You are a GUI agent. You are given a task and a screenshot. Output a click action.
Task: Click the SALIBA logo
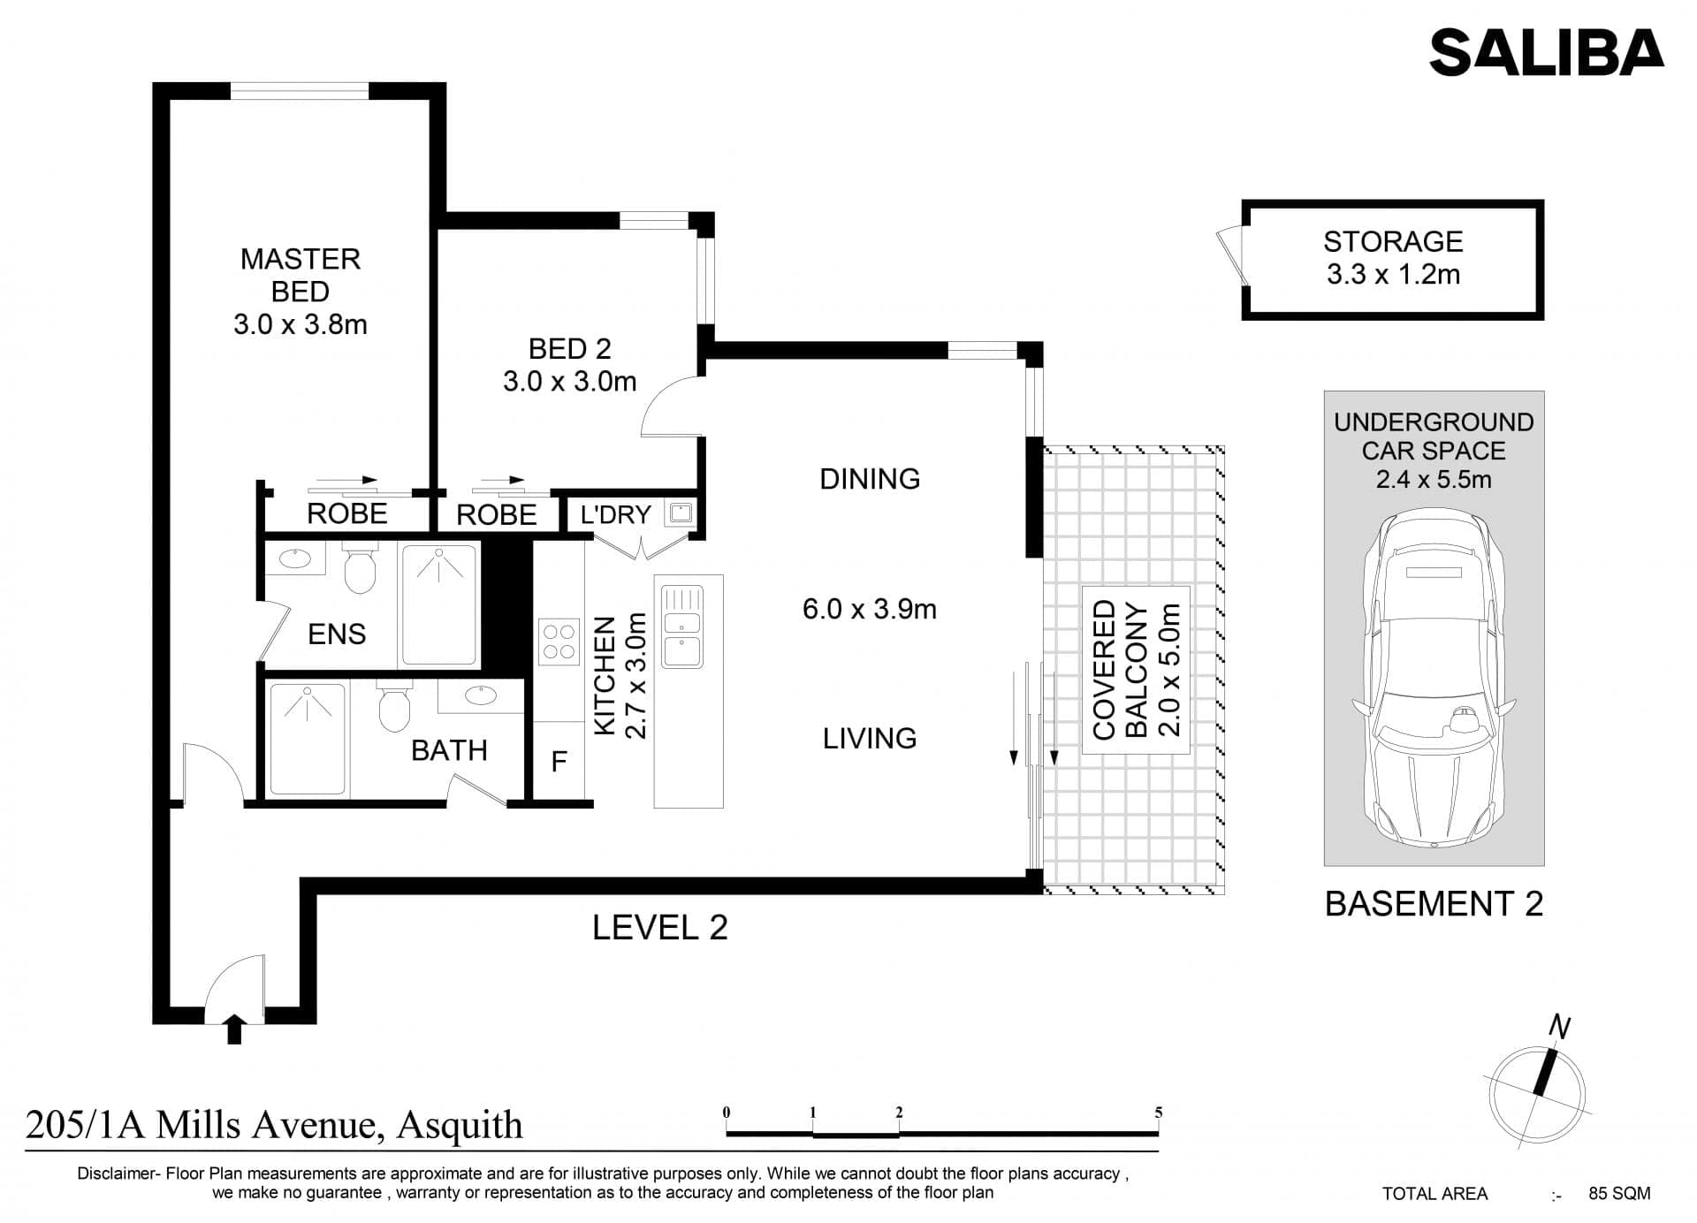1547,52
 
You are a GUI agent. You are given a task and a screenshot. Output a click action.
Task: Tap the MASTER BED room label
301,275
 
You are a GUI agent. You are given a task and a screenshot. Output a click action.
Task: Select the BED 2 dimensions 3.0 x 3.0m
570,382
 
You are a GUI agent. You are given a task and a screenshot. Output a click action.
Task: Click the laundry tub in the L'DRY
681,513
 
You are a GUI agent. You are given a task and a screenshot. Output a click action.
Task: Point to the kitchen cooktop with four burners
559,642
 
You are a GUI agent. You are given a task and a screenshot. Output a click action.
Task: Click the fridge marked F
559,762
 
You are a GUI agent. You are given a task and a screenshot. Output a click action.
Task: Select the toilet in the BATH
394,706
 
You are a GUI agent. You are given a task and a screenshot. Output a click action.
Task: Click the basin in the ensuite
294,558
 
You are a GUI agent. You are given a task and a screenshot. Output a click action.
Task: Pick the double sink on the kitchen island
682,626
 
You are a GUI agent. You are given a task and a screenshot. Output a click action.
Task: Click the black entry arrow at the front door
234,1029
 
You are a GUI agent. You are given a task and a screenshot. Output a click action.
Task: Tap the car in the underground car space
1434,679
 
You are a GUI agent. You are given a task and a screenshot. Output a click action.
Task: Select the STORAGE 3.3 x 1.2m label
1393,258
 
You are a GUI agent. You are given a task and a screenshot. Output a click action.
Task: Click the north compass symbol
1537,1086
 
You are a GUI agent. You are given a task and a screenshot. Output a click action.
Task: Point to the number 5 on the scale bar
1158,1113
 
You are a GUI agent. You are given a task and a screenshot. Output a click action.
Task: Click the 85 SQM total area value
1619,1193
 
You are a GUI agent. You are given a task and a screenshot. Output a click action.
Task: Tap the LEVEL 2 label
659,927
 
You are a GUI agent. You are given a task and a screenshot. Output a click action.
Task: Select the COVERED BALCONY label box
1136,670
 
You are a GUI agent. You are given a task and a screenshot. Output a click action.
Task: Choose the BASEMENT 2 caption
1434,903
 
